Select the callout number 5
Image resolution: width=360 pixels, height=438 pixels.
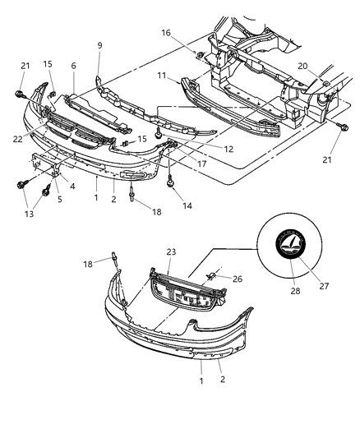click(x=58, y=200)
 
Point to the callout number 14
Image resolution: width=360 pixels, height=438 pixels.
click(x=187, y=205)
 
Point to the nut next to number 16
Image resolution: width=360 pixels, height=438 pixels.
click(x=200, y=54)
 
